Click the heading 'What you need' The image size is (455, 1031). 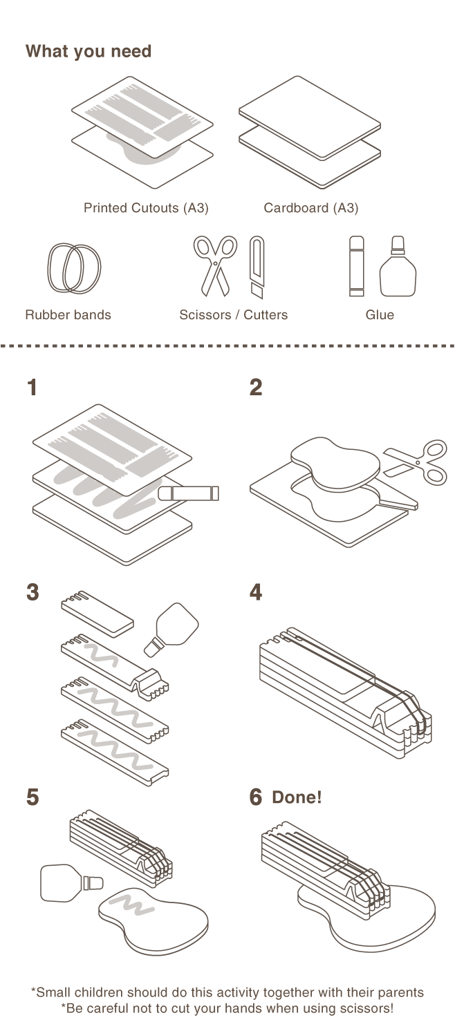(88, 52)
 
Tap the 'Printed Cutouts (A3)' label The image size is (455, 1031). (146, 208)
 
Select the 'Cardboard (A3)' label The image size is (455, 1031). (310, 208)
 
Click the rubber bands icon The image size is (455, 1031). (74, 268)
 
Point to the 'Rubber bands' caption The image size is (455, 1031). (68, 315)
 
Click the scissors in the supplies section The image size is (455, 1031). (215, 265)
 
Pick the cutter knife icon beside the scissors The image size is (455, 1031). (257, 267)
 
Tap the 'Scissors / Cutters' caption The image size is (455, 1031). (233, 315)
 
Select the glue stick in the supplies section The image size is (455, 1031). (356, 266)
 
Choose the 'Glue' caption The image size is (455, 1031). (380, 315)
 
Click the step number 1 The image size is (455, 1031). (32, 388)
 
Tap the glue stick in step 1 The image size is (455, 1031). (189, 493)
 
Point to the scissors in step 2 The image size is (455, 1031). (416, 461)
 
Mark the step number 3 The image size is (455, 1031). (32, 592)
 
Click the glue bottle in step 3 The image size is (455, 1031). (171, 628)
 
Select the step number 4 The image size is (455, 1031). (256, 592)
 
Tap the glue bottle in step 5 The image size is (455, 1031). (71, 883)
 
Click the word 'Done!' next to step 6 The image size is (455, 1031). (297, 797)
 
